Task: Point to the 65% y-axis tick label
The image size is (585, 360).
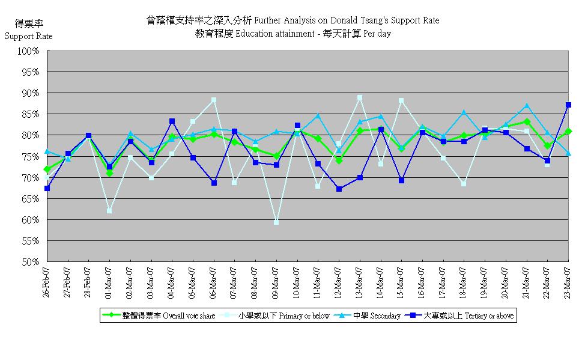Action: coord(30,199)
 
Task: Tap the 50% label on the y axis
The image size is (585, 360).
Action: coord(30,262)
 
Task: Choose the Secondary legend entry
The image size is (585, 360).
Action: coord(367,316)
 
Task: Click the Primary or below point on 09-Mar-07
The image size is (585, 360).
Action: coord(276,222)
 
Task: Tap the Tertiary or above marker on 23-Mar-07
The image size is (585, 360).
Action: coord(568,105)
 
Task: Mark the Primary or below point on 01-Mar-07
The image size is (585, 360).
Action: coord(109,211)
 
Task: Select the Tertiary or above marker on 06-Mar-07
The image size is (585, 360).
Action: coord(214,183)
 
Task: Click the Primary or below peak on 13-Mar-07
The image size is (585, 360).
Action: coord(360,97)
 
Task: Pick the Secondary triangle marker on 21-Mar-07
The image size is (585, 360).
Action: coord(527,106)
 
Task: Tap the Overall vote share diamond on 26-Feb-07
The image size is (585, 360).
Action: coord(47,169)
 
